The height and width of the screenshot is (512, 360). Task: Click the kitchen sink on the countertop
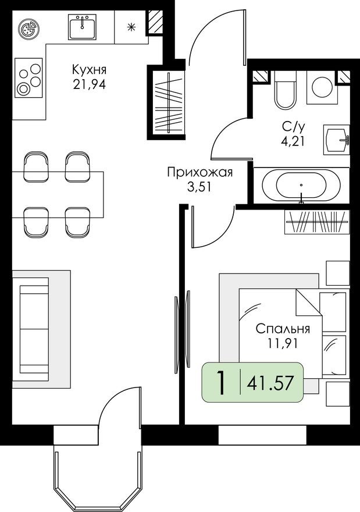82,27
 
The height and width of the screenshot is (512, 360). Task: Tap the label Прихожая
199,172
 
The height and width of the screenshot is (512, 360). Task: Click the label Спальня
282,329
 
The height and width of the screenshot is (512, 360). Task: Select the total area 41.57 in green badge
270,383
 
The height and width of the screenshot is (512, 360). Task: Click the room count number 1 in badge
220,383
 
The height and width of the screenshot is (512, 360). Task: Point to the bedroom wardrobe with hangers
317,222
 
